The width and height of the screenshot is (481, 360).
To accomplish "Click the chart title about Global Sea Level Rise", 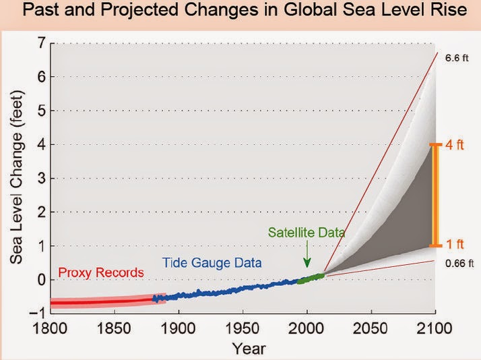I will point(241,13).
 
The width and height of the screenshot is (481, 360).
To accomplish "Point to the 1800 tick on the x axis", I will point(50,329).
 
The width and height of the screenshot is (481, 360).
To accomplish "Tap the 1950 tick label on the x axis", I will point(243,329).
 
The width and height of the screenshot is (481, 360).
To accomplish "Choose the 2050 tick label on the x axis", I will point(371,329).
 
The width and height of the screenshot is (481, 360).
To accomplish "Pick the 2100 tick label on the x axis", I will point(436,329).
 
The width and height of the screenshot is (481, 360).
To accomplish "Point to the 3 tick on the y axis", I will point(40,178).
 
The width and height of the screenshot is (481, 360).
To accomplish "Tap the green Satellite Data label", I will point(307,233).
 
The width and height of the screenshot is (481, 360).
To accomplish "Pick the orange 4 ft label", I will point(455,145).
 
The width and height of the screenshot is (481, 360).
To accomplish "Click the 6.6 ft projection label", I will point(455,59).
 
